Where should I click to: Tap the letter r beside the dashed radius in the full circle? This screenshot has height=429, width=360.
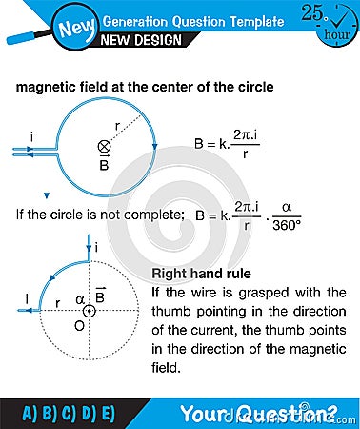(118, 123)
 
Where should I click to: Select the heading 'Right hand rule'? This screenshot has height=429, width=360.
(197, 274)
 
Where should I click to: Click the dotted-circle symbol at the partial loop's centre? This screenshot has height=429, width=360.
(89, 311)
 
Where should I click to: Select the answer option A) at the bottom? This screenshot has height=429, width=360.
(30, 413)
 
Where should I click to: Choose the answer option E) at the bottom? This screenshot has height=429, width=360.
(106, 413)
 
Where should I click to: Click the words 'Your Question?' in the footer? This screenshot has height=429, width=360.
(258, 413)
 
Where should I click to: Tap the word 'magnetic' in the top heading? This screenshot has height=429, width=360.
(45, 87)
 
